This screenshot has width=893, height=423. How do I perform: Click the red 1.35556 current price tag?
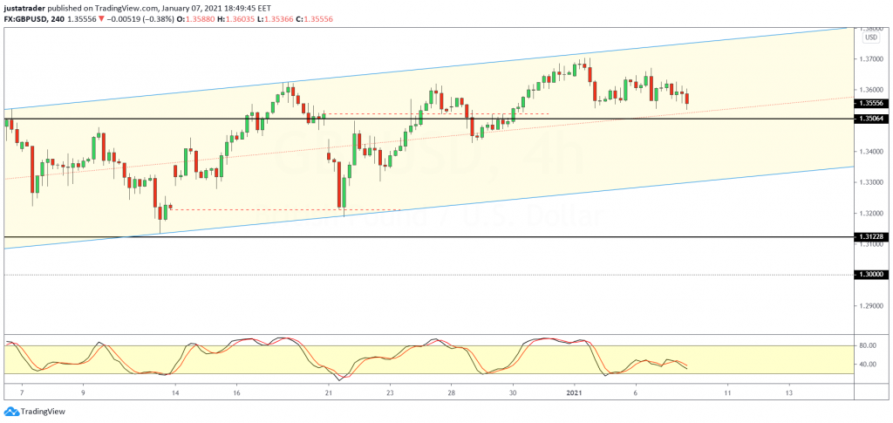869,103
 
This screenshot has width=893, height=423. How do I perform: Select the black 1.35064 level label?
869,119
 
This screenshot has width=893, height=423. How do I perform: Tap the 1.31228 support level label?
869,237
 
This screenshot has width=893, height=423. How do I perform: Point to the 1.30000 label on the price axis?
869,275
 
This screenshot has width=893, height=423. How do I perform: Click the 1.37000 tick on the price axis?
869,59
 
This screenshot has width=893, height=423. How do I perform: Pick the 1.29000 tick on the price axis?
869,306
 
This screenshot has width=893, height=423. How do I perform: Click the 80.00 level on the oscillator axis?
867,345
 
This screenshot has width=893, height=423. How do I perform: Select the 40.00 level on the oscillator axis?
867,364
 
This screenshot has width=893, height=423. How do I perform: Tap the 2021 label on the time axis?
575,393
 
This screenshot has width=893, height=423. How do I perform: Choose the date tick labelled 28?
452,393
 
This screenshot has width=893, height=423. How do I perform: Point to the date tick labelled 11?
727,393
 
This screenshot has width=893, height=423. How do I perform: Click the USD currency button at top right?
870,37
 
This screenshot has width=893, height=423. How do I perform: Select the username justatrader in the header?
29,6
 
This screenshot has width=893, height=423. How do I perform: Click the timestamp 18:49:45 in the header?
254,6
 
